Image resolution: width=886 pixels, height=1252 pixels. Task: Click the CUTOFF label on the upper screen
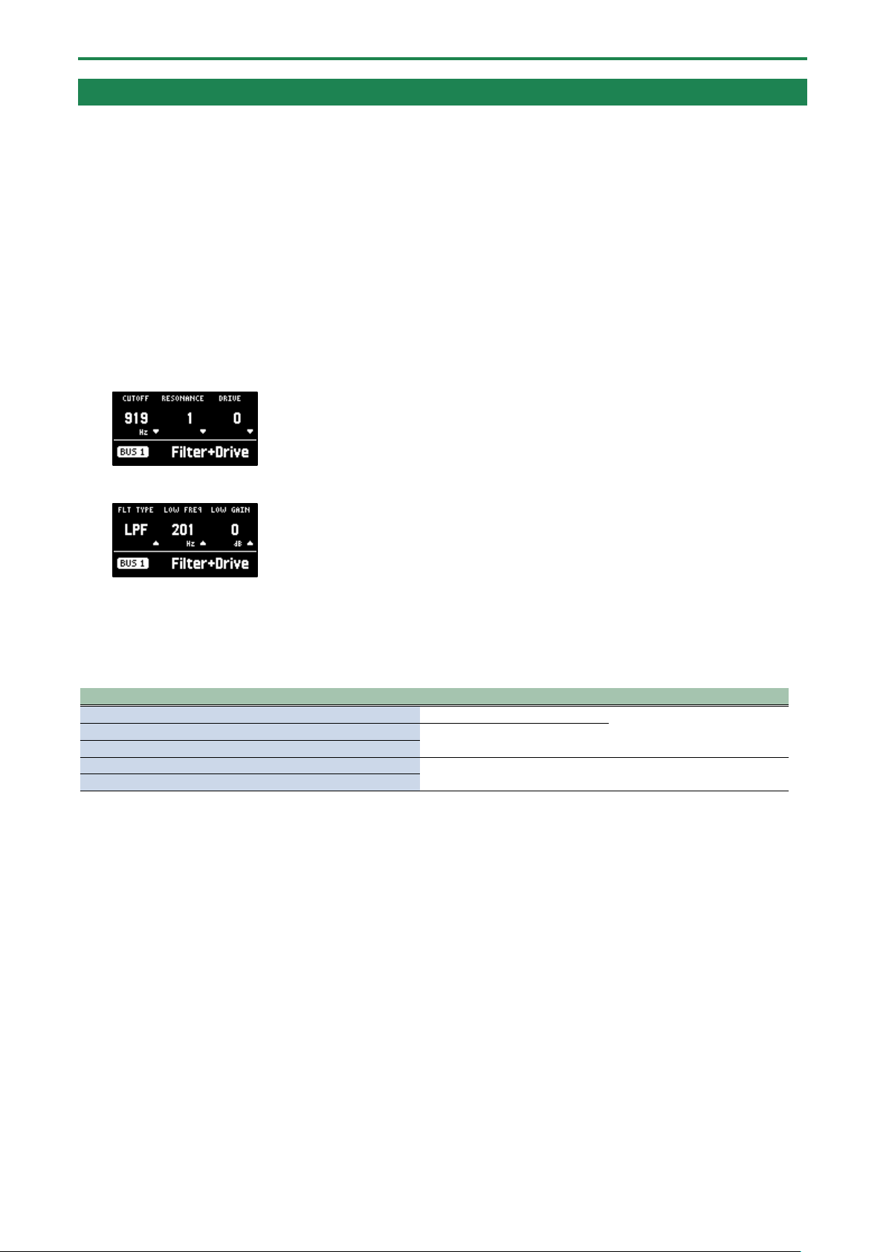point(135,398)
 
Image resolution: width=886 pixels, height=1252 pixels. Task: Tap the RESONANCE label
point(183,398)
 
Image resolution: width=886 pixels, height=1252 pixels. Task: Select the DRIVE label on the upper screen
point(230,398)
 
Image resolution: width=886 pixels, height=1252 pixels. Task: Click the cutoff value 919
point(136,418)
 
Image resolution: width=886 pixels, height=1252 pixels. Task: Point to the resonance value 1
point(190,418)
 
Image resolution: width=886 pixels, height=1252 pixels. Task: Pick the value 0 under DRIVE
point(237,418)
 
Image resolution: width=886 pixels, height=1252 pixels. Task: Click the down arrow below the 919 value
point(156,432)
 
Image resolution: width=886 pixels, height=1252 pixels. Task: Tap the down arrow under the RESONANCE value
point(203,432)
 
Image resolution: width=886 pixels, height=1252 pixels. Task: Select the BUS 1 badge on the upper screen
point(133,452)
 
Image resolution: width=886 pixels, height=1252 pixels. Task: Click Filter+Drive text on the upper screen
point(210,453)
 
